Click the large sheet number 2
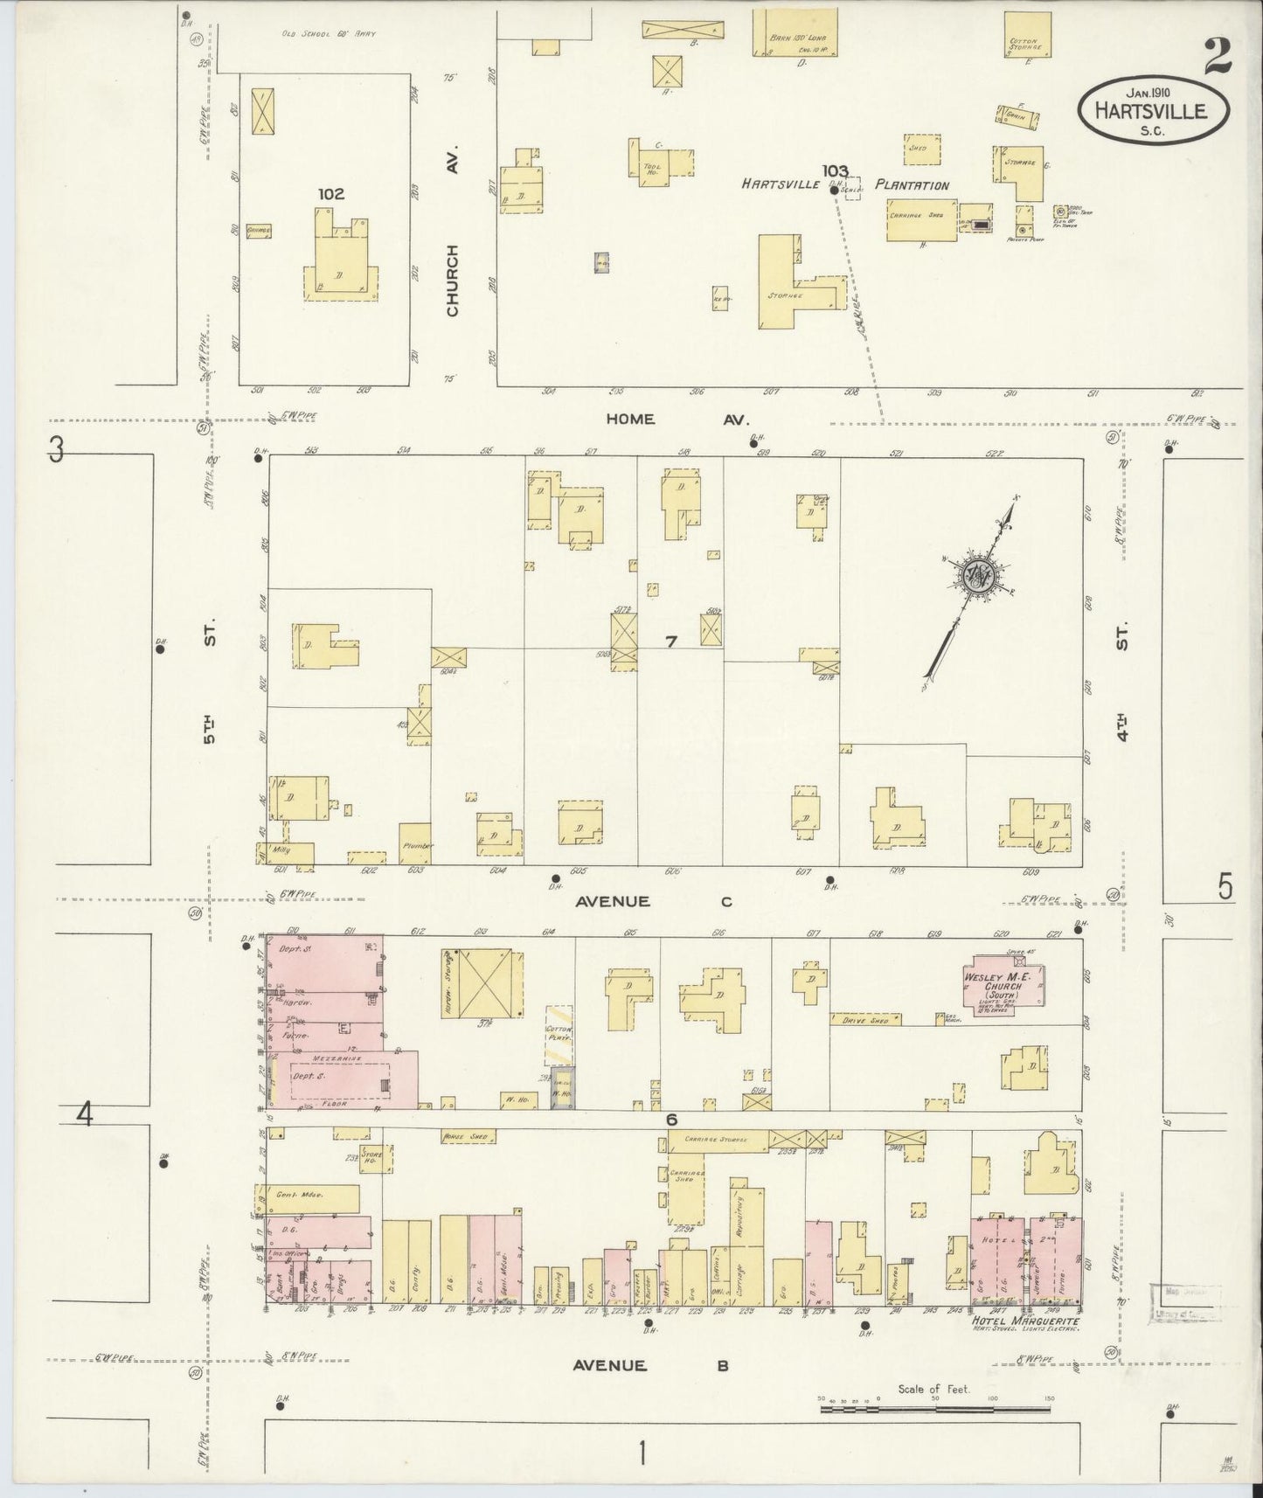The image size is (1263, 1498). [x=1217, y=58]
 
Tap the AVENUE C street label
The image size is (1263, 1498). [x=652, y=901]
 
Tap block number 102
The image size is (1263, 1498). [x=331, y=194]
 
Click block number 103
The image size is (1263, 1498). [x=836, y=170]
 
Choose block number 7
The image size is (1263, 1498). [x=671, y=642]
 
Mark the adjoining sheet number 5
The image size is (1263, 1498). [x=1225, y=888]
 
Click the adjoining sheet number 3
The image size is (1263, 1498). [x=57, y=450]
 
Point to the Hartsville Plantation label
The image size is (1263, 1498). [x=844, y=185]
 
